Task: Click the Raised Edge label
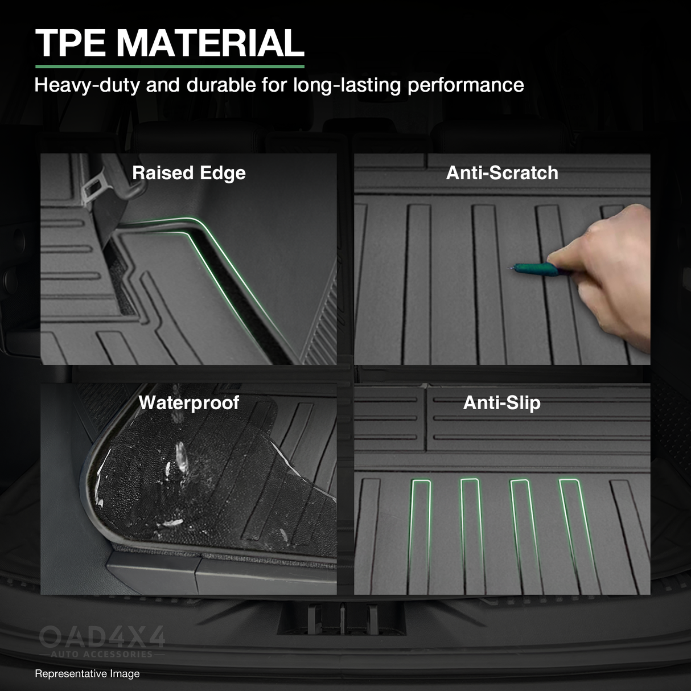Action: point(189,173)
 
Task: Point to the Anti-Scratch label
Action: point(502,173)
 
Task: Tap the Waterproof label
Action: point(189,403)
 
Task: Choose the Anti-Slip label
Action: point(502,403)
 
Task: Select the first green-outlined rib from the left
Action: point(419,535)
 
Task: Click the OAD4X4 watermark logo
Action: point(102,636)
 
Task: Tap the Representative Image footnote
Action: point(87,674)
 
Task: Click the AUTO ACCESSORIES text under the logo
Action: point(102,655)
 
